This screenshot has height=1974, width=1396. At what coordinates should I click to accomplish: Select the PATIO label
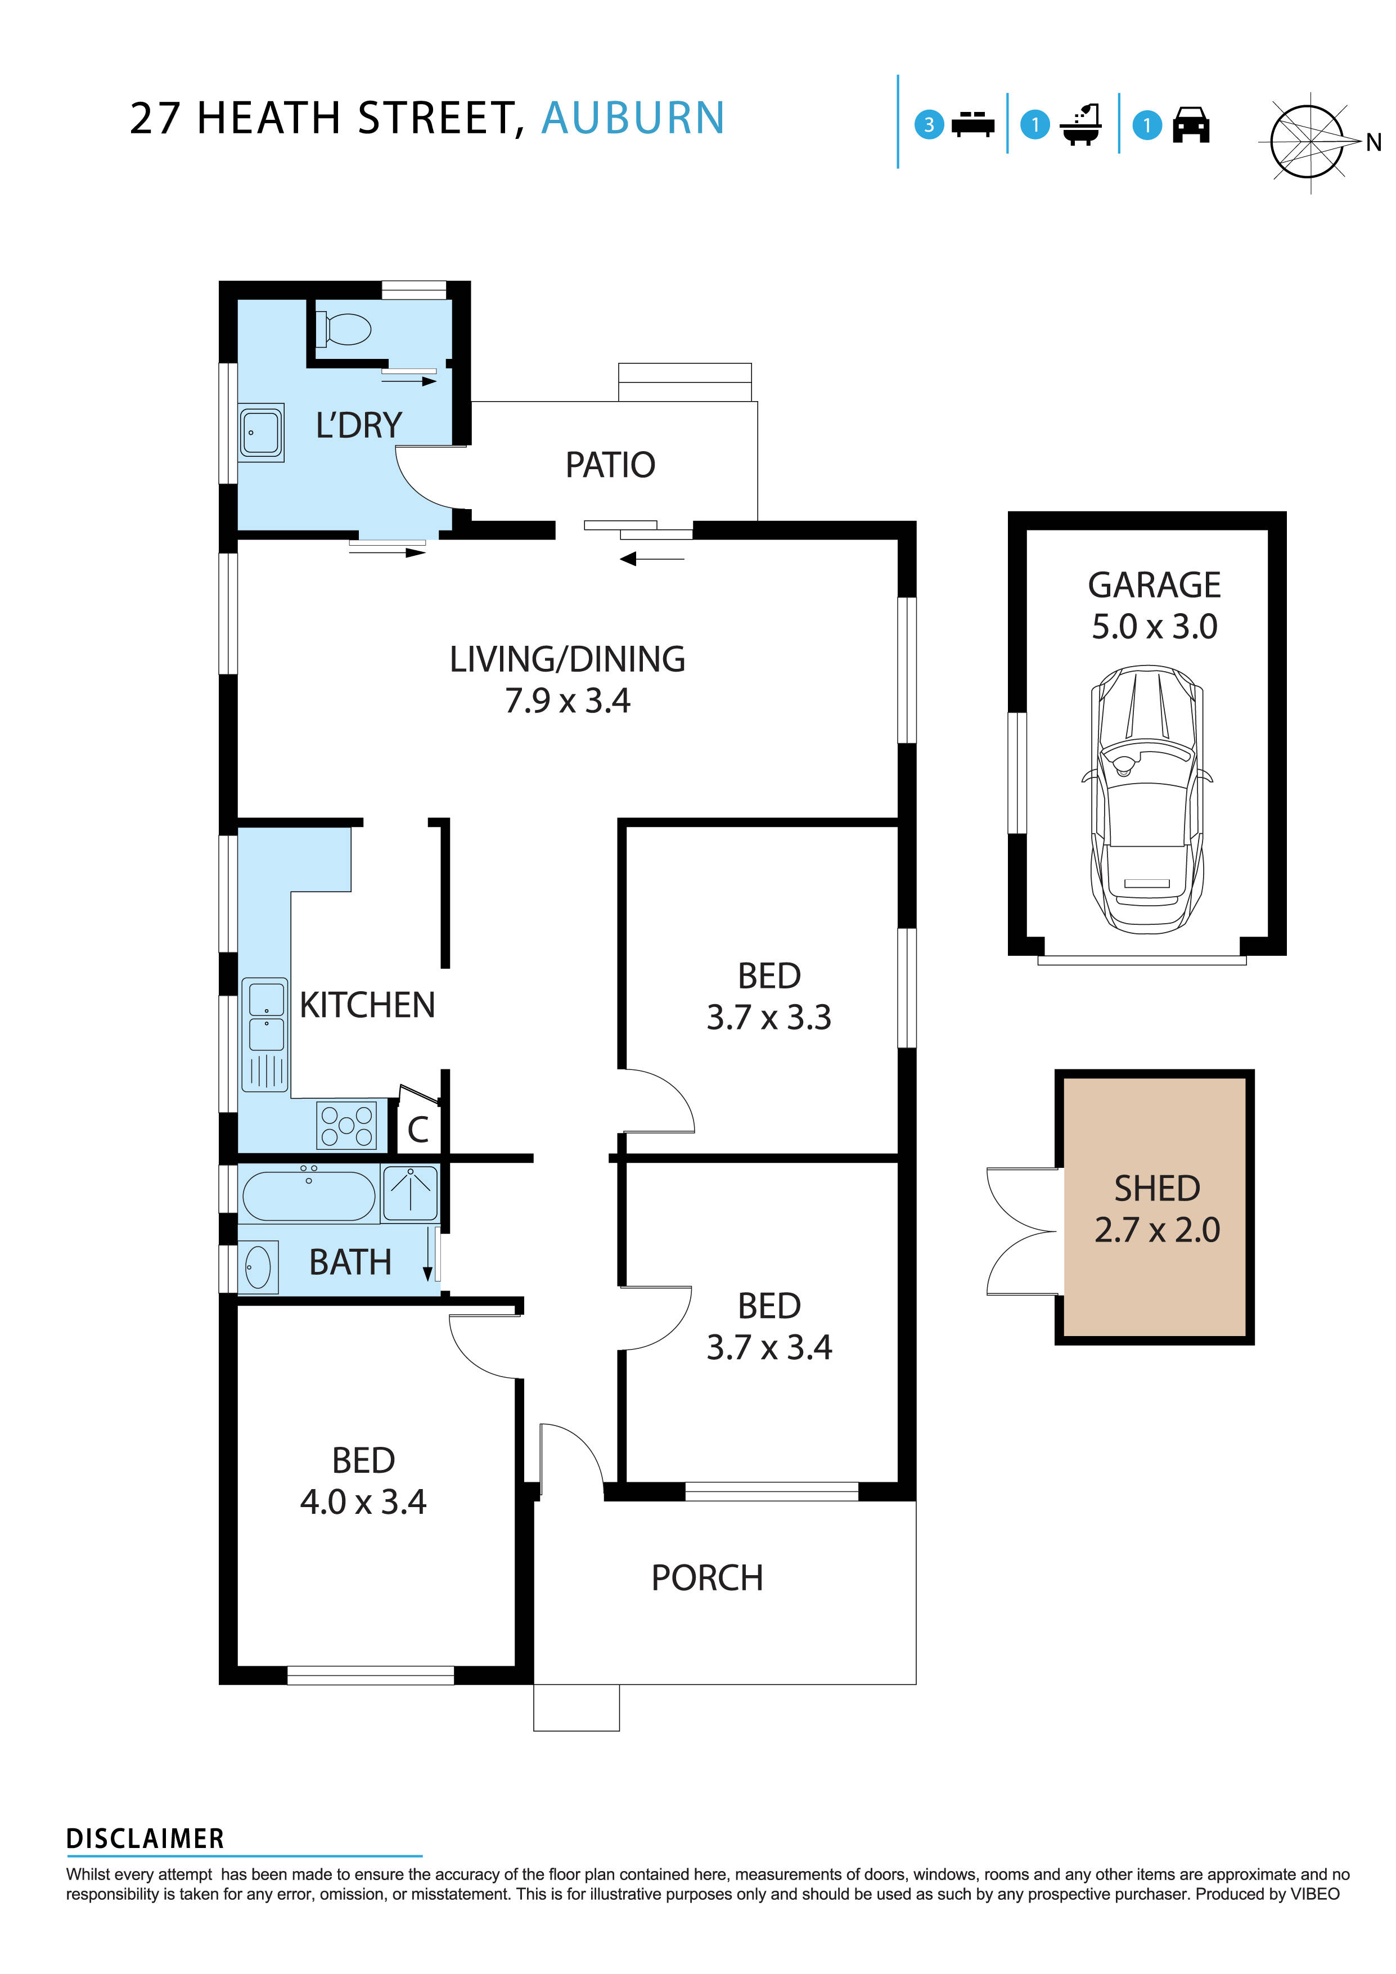(x=610, y=465)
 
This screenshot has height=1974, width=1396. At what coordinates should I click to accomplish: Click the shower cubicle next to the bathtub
(x=410, y=1193)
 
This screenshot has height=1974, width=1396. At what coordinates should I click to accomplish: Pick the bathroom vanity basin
(x=258, y=1267)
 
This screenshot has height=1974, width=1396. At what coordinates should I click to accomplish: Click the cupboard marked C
(x=418, y=1130)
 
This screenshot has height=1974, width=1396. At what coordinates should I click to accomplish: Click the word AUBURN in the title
(x=633, y=119)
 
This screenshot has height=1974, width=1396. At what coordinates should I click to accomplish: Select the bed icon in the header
(x=972, y=125)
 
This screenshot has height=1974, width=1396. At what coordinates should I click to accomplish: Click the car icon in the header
(x=1191, y=125)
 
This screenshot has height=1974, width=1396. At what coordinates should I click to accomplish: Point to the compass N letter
(x=1373, y=143)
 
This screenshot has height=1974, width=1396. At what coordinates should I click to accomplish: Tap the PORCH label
(x=706, y=1579)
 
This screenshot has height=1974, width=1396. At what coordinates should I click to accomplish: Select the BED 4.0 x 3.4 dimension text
(x=363, y=1502)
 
